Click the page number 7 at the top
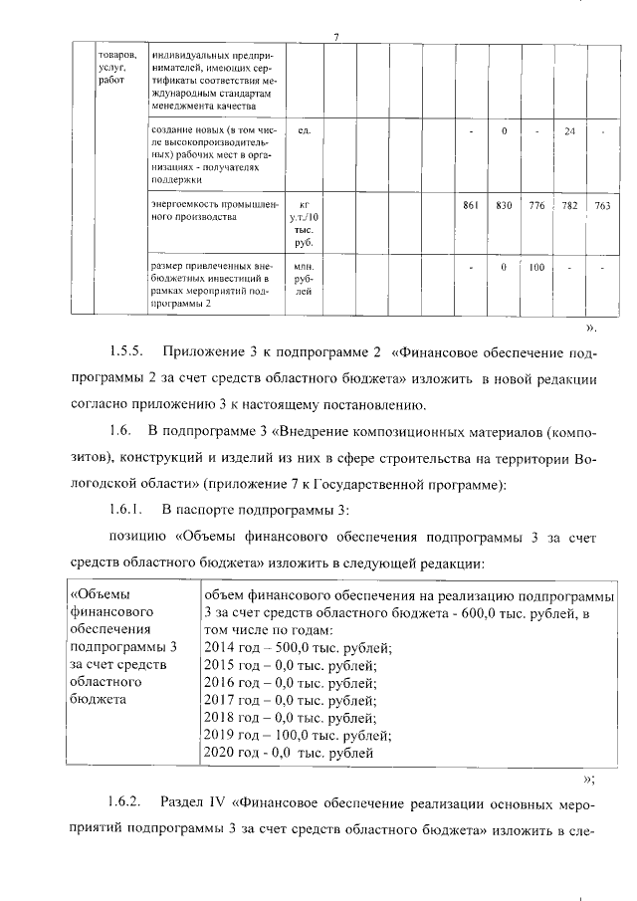[x=336, y=39]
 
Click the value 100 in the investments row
[x=537, y=267]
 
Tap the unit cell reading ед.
[x=305, y=131]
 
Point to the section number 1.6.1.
[x=127, y=510]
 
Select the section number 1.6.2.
[x=127, y=800]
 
